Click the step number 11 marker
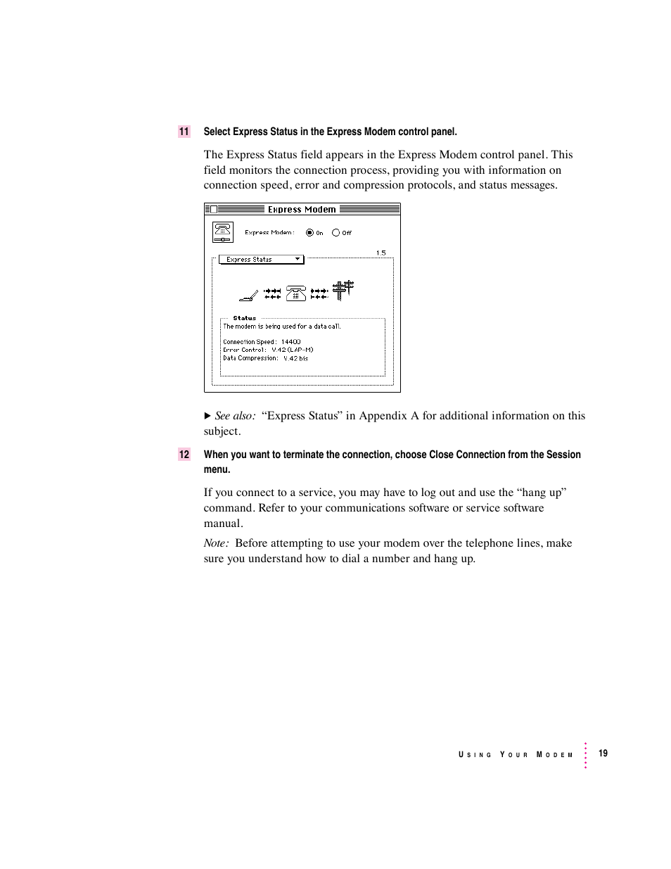tap(184, 132)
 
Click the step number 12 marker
tap(184, 455)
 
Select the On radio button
tap(309, 232)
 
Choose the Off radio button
tap(335, 232)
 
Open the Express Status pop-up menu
tap(261, 260)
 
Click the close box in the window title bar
tap(214, 209)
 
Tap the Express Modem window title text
tap(302, 209)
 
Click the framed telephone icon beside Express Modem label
tap(222, 231)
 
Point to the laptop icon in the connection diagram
tap(248, 294)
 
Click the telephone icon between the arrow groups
tap(296, 293)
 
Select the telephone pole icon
tap(343, 290)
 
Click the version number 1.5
tap(381, 253)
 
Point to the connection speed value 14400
tap(290, 342)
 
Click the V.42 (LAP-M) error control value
tap(293, 350)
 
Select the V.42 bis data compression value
tap(295, 358)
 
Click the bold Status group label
tap(245, 318)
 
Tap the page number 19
tap(603, 754)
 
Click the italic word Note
tap(215, 543)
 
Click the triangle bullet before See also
tap(207, 416)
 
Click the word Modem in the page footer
tap(555, 754)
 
